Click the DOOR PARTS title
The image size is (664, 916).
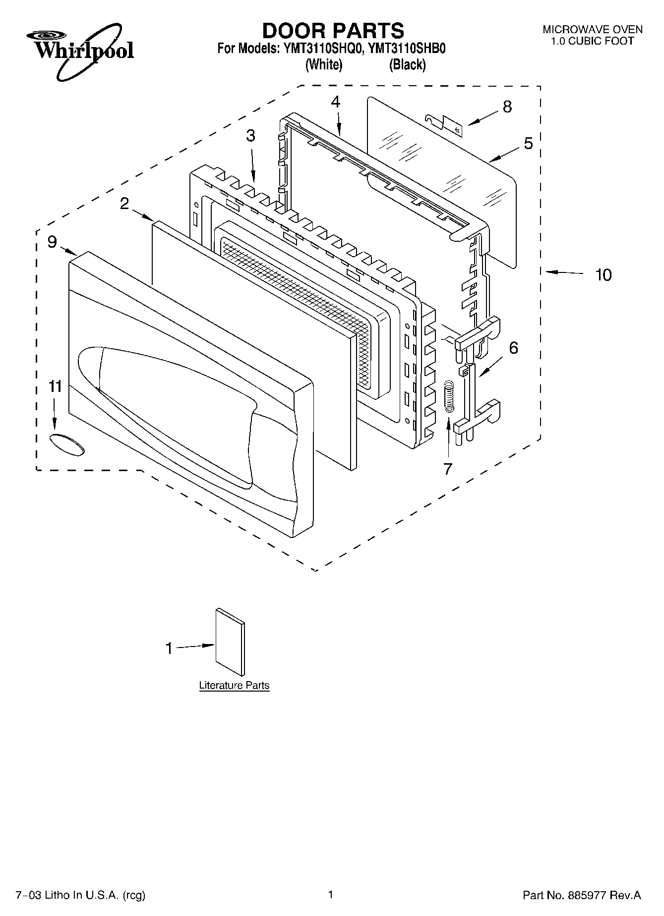point(333,31)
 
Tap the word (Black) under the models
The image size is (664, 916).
point(407,65)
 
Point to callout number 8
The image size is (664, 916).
point(507,107)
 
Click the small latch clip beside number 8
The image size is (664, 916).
point(445,124)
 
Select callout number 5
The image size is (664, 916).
point(528,144)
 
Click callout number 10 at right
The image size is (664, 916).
point(603,275)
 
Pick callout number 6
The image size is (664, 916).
point(513,348)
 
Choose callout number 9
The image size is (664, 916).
point(52,242)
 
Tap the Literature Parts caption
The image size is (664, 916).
point(234,686)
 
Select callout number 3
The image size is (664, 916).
point(251,136)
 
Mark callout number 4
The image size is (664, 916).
point(336,102)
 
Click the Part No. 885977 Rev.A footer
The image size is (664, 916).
point(582,895)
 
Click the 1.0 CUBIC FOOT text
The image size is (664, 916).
point(592,41)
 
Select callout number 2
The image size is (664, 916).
point(124,203)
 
